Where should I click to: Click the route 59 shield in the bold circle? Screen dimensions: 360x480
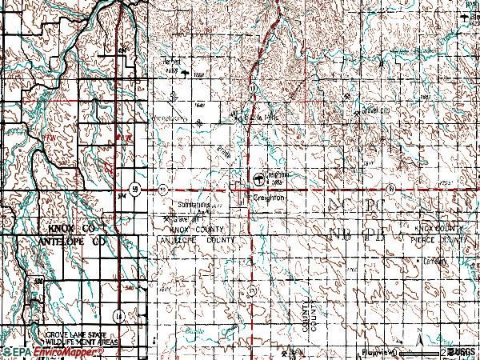(137, 190)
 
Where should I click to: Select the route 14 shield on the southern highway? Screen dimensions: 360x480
(118, 314)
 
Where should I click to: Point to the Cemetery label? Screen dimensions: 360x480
(459, 261)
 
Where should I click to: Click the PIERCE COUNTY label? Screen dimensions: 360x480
(455, 239)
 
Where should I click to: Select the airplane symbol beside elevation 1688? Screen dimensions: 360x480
(186, 74)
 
